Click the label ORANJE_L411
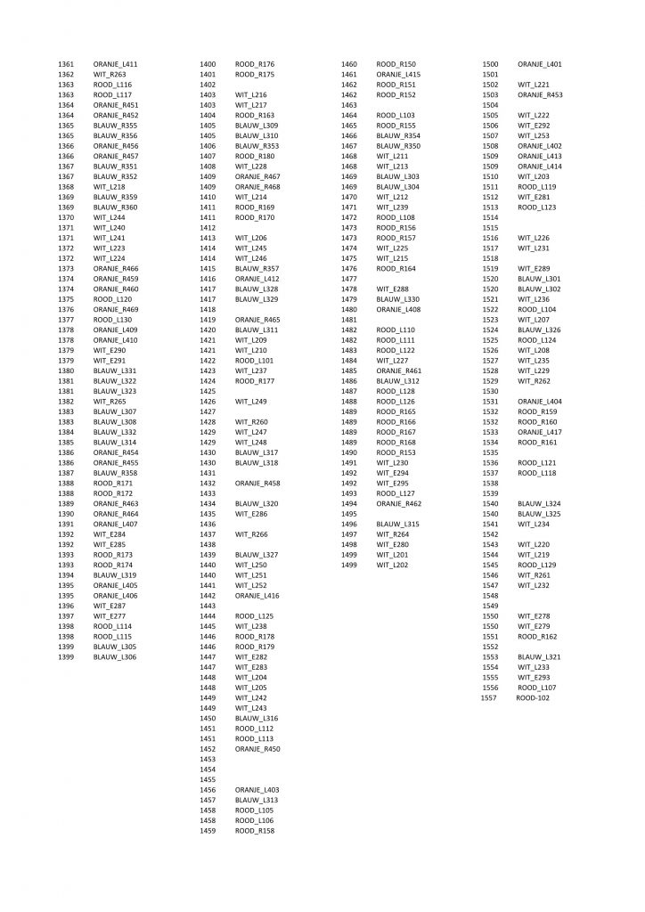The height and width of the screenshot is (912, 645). click(x=115, y=65)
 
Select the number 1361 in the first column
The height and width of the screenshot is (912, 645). click(x=66, y=65)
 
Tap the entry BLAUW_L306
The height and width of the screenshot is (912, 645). click(x=115, y=656)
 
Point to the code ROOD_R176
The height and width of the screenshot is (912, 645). click(x=255, y=65)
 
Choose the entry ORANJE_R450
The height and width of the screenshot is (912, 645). click(x=257, y=749)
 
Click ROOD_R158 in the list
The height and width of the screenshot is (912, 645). click(x=255, y=831)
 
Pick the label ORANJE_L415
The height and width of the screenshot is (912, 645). click(x=398, y=75)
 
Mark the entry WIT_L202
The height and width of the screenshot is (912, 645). click(x=392, y=565)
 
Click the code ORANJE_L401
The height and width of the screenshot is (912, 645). click(x=540, y=65)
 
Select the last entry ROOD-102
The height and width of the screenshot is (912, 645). click(x=533, y=698)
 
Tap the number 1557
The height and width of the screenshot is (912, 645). click(x=488, y=698)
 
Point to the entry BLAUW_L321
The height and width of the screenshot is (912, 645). click(x=539, y=656)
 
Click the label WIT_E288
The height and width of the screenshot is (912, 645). click(x=393, y=289)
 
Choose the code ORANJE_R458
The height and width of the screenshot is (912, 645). click(x=257, y=483)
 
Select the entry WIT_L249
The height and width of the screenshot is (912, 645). click(x=251, y=401)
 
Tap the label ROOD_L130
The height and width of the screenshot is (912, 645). click(x=112, y=319)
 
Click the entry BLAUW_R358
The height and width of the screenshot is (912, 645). click(x=115, y=473)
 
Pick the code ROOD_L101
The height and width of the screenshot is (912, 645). click(x=254, y=360)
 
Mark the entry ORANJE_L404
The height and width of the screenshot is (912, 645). click(x=540, y=402)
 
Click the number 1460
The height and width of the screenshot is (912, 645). click(x=348, y=65)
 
